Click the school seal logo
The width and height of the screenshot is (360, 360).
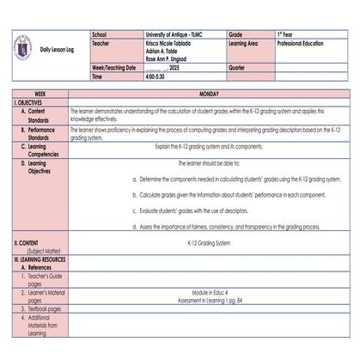coord(22,48)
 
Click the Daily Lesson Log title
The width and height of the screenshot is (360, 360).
coord(58,49)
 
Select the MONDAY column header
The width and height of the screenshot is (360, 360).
coord(209,93)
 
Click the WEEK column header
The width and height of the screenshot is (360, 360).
coord(40,93)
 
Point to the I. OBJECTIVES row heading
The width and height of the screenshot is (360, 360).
coord(32,101)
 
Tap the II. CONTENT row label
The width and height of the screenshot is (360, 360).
coord(31,243)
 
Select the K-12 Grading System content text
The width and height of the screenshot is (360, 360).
coord(209,243)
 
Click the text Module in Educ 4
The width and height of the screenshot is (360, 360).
coord(209,293)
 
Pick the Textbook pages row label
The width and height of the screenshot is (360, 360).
coord(42,308)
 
